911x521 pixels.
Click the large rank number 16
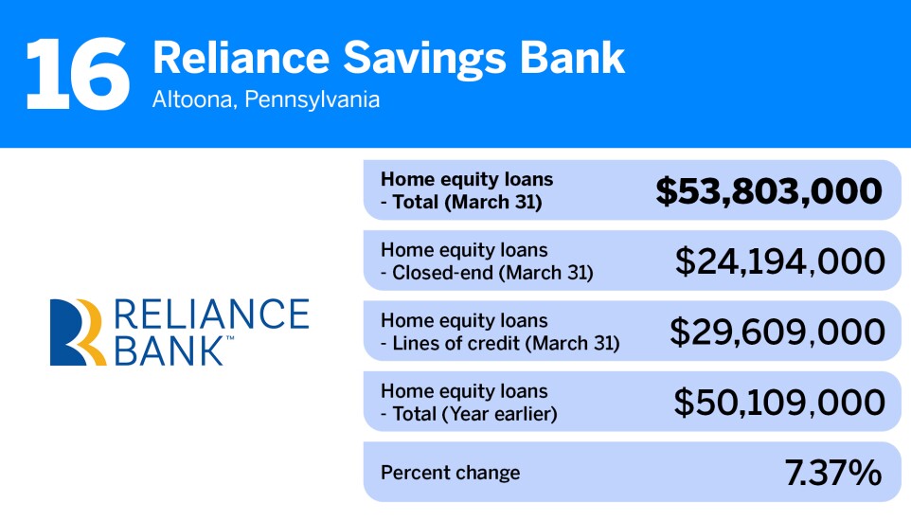[78, 73]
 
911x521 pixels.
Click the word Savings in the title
[402, 58]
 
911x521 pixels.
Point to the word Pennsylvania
[312, 99]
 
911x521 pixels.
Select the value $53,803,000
[769, 190]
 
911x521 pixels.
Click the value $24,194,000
[779, 260]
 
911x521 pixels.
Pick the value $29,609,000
[777, 331]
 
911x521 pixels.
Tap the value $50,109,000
[779, 402]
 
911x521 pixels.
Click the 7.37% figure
[833, 473]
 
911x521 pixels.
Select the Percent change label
[450, 473]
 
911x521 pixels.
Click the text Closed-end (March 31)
[492, 273]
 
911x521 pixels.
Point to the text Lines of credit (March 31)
[506, 343]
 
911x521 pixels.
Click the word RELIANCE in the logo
[210, 314]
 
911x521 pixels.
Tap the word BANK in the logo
[167, 350]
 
